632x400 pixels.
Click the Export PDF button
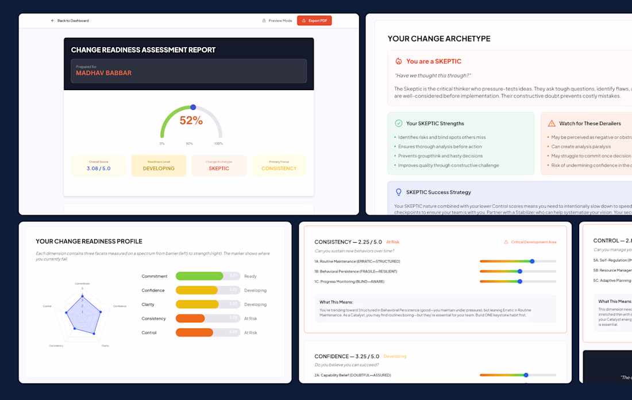(x=314, y=21)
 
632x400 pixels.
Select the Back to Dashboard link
(x=70, y=21)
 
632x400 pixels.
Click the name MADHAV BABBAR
(x=103, y=73)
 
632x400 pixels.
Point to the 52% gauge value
(x=191, y=121)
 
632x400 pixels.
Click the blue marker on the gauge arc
(x=193, y=107)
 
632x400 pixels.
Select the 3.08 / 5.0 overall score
(x=98, y=168)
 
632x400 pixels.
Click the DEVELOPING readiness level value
(x=159, y=168)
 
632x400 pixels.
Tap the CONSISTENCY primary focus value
(x=279, y=168)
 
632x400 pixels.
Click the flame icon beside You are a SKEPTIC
(x=398, y=61)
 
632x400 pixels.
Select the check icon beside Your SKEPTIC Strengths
(x=398, y=123)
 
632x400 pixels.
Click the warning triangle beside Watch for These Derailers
(x=552, y=123)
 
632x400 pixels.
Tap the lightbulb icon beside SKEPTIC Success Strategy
(x=398, y=192)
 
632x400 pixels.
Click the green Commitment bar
(x=199, y=276)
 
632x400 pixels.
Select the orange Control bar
(x=194, y=332)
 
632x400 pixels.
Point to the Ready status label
(x=249, y=276)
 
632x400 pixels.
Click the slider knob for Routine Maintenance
(x=533, y=261)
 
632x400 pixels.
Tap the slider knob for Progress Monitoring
(x=520, y=281)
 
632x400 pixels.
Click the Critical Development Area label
(x=533, y=242)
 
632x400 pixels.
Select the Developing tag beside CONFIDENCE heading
(x=395, y=356)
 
